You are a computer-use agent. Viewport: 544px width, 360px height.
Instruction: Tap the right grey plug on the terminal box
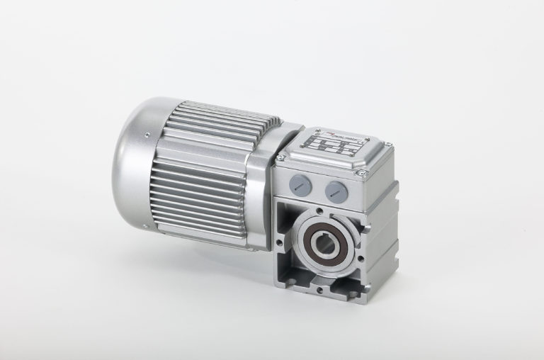point(334,189)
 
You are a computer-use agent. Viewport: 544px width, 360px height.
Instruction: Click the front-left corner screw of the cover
point(283,157)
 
